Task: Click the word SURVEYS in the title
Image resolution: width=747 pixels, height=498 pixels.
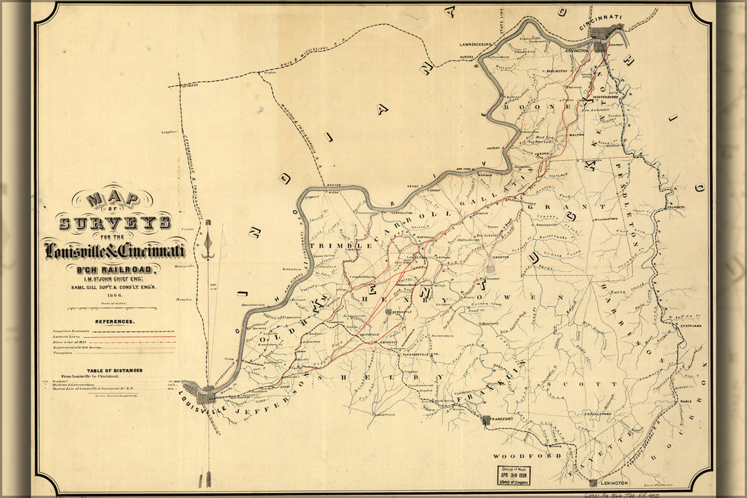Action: click(114, 223)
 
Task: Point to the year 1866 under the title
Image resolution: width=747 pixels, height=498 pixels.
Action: click(115, 295)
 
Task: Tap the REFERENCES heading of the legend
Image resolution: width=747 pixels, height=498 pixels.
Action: click(114, 322)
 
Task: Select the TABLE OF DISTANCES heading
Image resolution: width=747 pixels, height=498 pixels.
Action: click(114, 370)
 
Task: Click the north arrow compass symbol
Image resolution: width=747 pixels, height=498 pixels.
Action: click(208, 242)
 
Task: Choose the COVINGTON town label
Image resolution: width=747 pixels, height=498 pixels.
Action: click(577, 52)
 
